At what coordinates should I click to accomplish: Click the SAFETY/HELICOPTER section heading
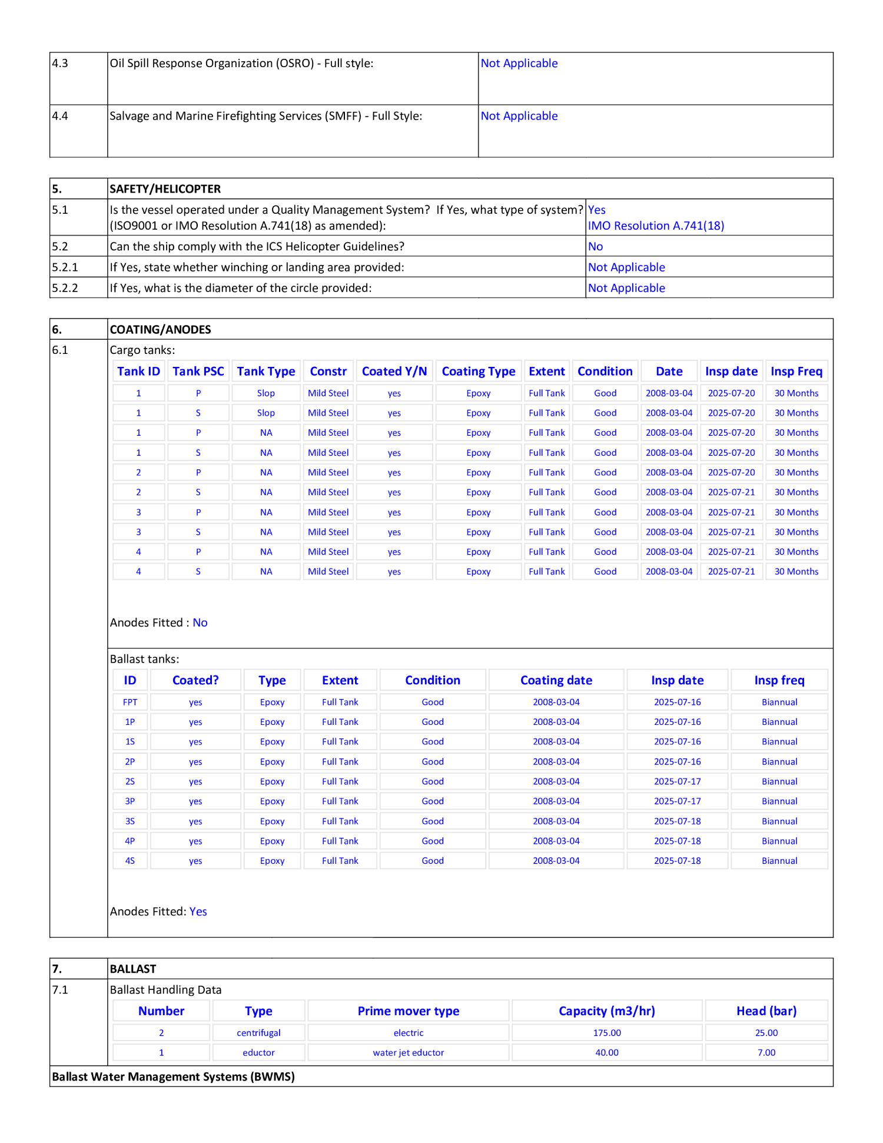tap(165, 189)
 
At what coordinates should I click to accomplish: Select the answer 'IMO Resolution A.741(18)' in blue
tap(656, 226)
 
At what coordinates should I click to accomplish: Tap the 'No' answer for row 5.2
tap(595, 247)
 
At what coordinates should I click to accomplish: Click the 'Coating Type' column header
tap(478, 372)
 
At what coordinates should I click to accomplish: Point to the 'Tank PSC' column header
tap(198, 372)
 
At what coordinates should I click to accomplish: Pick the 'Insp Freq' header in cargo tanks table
tap(796, 372)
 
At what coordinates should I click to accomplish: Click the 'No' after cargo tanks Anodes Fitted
tap(200, 622)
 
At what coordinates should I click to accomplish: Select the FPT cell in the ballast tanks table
tap(130, 702)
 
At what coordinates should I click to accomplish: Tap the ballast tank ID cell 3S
tap(130, 821)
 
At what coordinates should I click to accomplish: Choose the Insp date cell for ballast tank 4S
tap(677, 860)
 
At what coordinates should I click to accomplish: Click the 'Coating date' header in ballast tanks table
tap(556, 680)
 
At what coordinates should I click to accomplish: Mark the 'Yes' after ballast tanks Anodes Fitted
tap(198, 912)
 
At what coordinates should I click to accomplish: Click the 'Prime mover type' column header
tap(408, 1011)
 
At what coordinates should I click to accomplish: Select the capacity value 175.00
tap(606, 1033)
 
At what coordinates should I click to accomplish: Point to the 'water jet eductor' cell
tap(408, 1052)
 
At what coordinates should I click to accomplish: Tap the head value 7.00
tap(766, 1052)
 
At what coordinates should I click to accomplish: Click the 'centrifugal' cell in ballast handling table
tap(258, 1033)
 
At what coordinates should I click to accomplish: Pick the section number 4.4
tap(60, 116)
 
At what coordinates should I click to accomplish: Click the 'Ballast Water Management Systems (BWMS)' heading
tap(173, 1076)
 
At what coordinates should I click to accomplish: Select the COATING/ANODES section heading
tap(160, 330)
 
